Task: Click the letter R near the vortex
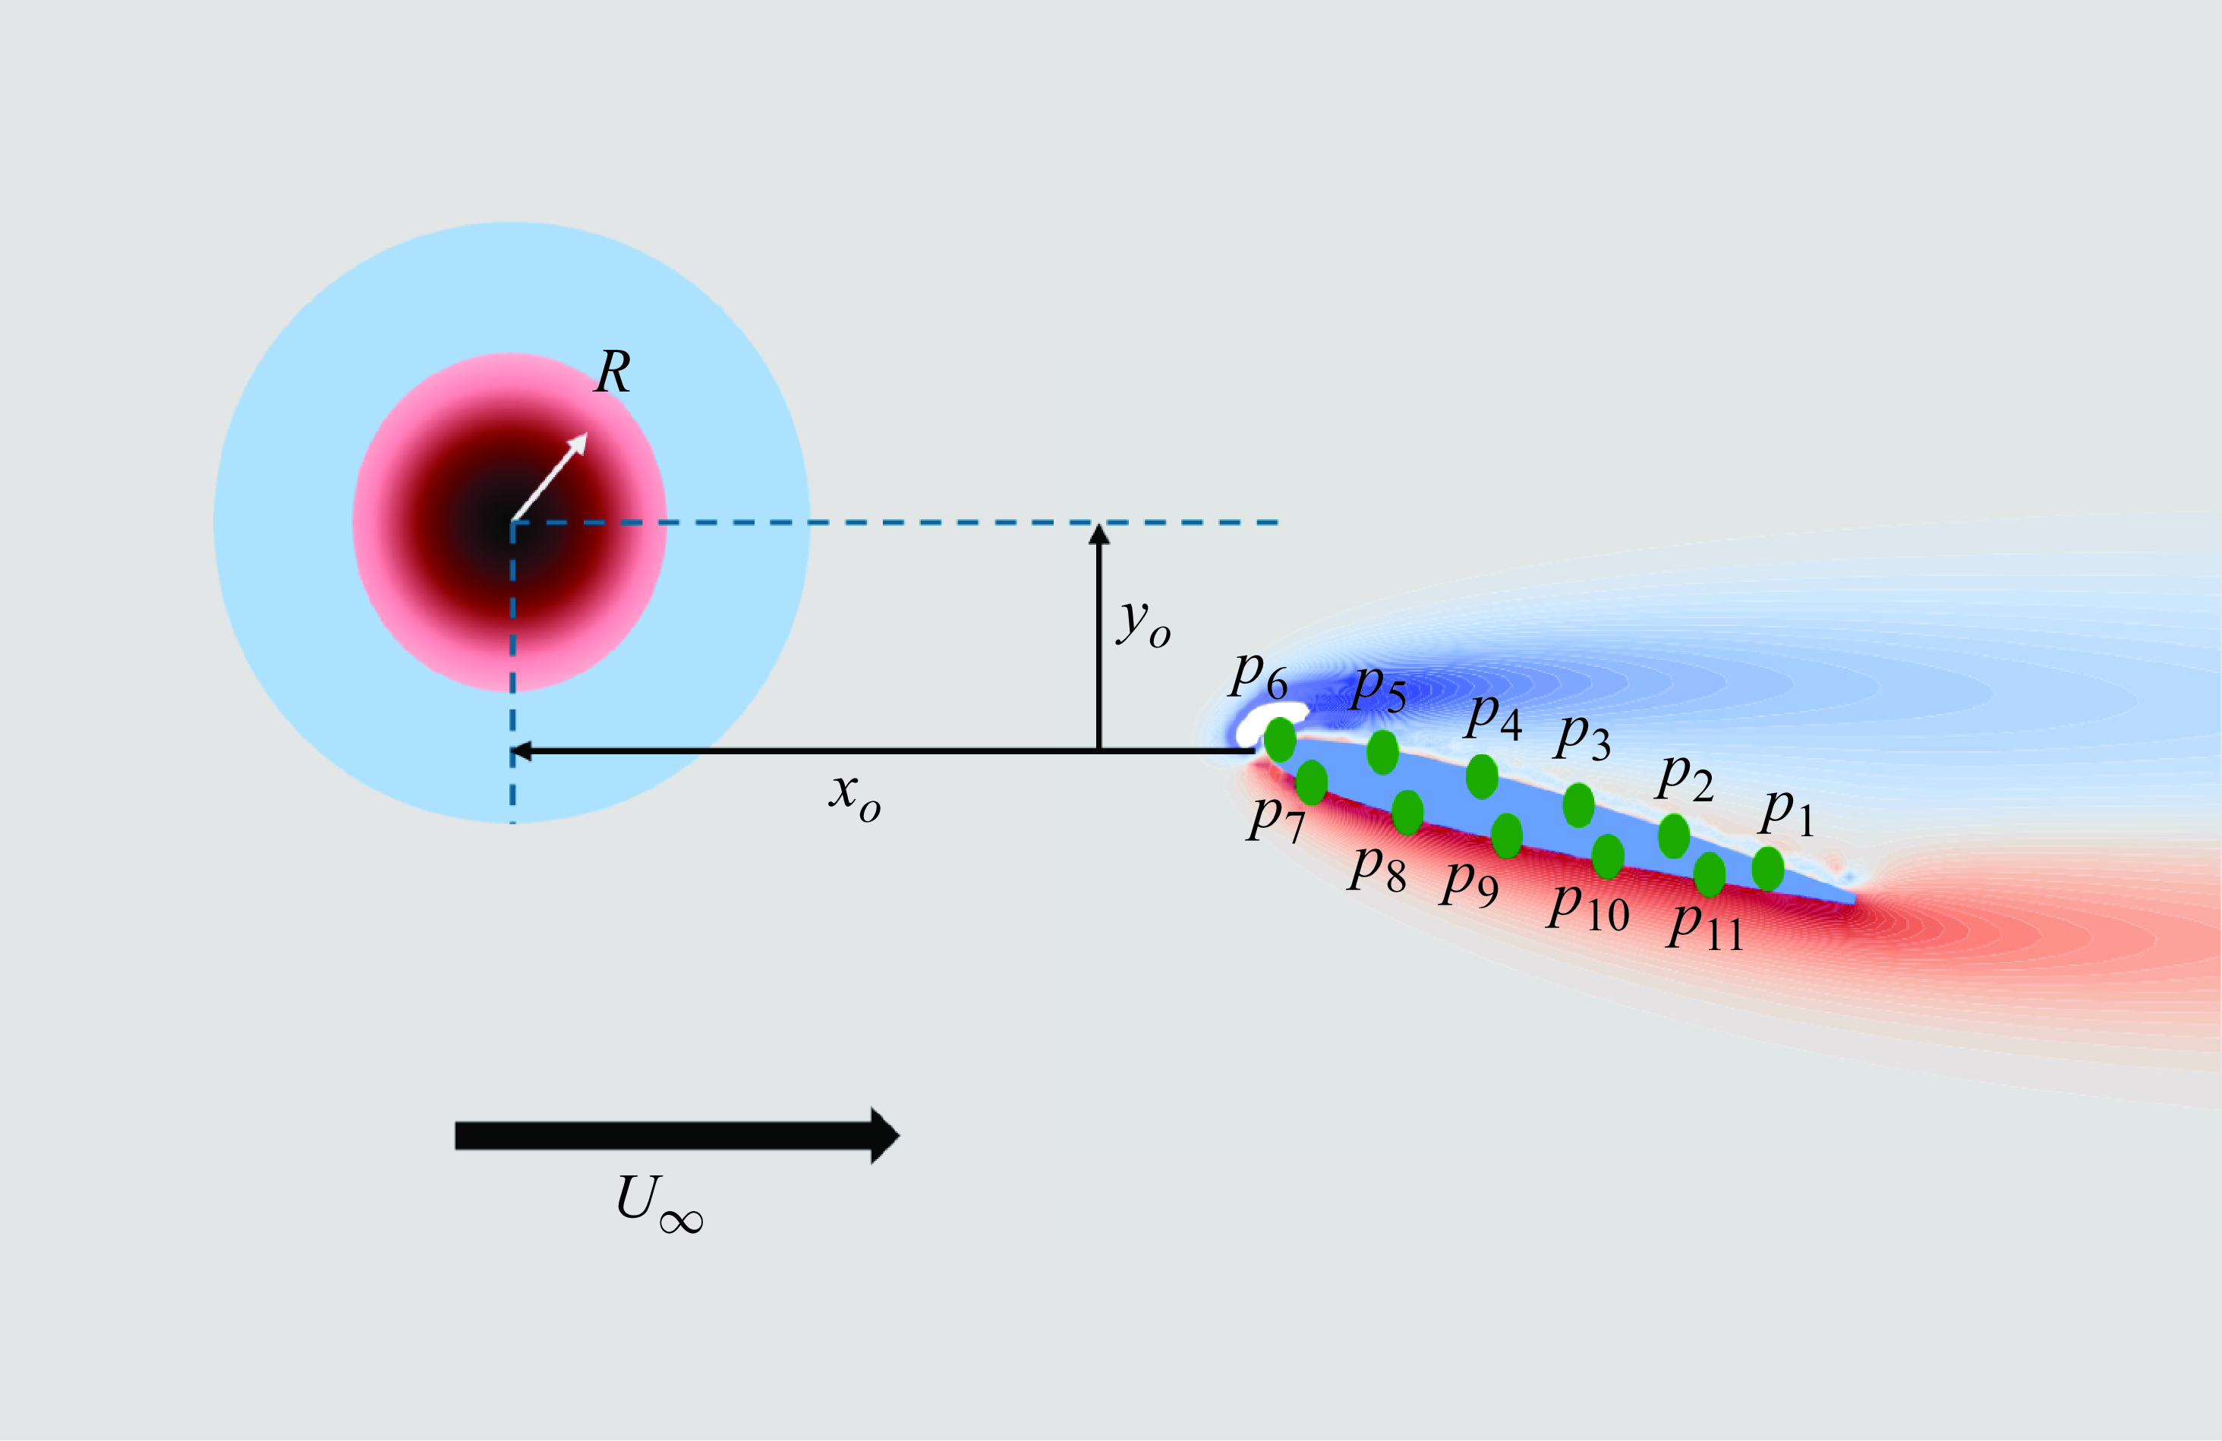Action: click(613, 373)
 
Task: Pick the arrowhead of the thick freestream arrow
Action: click(884, 1136)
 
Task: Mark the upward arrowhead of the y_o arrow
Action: click(1100, 535)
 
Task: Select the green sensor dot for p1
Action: click(1768, 869)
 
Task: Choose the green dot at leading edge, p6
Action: click(1280, 740)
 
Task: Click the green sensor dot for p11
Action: click(1710, 874)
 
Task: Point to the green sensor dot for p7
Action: click(1312, 782)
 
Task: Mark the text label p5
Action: click(1379, 689)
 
